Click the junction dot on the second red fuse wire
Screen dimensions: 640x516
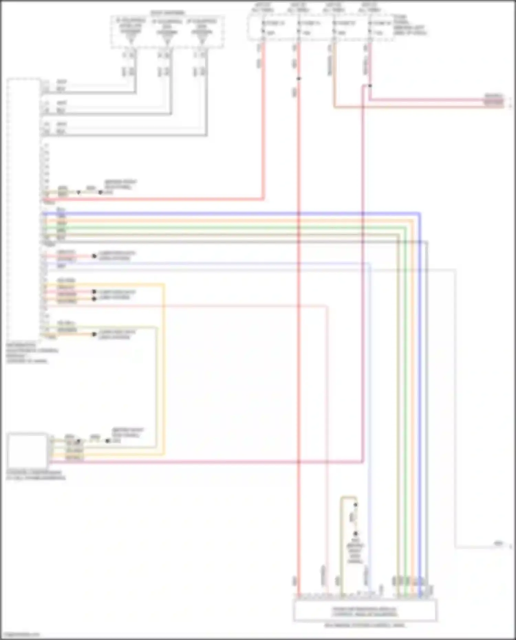[299, 79]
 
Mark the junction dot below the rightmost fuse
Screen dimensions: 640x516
[370, 86]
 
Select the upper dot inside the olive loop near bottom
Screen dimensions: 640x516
[355, 505]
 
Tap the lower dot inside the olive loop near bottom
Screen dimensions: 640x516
[355, 534]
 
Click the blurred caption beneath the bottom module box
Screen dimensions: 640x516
[365, 625]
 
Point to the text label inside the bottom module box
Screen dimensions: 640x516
[365, 611]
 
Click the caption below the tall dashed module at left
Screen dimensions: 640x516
[31, 353]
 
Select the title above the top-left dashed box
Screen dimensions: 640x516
[168, 13]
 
